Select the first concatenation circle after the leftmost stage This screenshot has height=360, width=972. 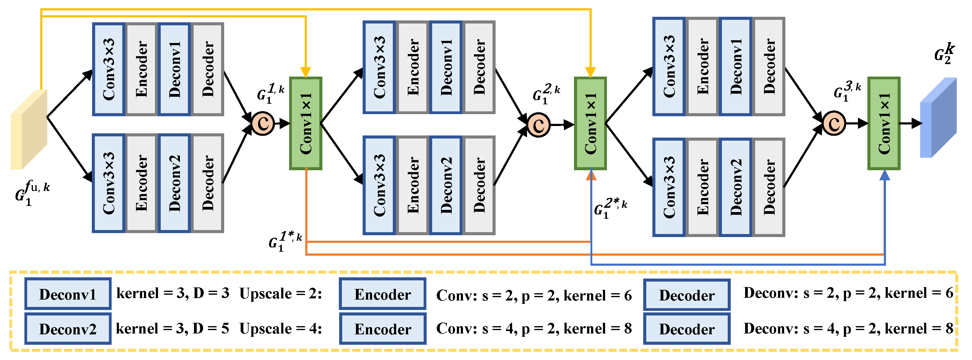pyautogui.click(x=263, y=123)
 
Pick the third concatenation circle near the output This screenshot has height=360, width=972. pyautogui.click(x=834, y=123)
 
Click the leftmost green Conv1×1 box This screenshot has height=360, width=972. pyautogui.click(x=306, y=123)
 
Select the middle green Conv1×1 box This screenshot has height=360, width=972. pyautogui.click(x=590, y=123)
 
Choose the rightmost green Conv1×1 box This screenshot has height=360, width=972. pyautogui.click(x=884, y=123)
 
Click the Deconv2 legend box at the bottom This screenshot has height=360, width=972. pyautogui.click(x=68, y=329)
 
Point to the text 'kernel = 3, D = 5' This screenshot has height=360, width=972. pyautogui.click(x=172, y=329)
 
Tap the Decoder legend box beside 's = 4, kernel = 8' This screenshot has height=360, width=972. pyautogui.click(x=687, y=329)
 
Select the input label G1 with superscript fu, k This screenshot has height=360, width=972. pyautogui.click(x=32, y=193)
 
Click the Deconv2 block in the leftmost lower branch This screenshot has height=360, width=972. pyautogui.click(x=174, y=183)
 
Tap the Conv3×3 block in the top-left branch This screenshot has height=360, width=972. pyautogui.click(x=109, y=69)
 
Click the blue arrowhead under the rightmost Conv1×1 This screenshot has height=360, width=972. pyautogui.click(x=884, y=175)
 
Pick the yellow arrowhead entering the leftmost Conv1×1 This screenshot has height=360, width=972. pyautogui.click(x=306, y=72)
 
